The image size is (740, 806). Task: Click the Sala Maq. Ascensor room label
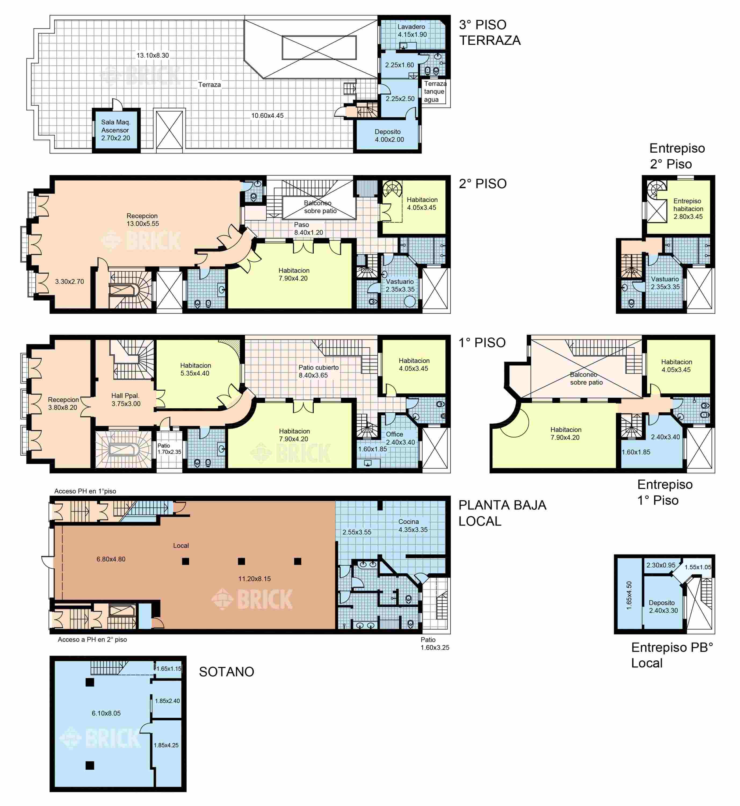(116, 130)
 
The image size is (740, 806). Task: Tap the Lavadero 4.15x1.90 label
(412, 30)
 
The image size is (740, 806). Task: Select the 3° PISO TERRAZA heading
(490, 33)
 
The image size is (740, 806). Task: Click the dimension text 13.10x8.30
(153, 55)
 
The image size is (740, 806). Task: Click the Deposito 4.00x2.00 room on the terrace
(389, 135)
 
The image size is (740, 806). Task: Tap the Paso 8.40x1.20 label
(308, 228)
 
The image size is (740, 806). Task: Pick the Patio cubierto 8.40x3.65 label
(318, 371)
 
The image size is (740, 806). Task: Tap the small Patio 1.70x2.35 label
(169, 449)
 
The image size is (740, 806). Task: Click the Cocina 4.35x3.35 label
(413, 525)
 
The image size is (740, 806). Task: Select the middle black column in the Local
(241, 561)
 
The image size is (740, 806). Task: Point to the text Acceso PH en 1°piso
(85, 491)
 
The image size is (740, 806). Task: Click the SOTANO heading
(227, 671)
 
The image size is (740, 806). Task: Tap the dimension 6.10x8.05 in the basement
(106, 713)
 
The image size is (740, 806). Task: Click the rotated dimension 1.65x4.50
(629, 595)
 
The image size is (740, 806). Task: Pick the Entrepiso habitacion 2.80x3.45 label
(688, 209)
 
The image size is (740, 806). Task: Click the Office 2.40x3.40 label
(400, 438)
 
